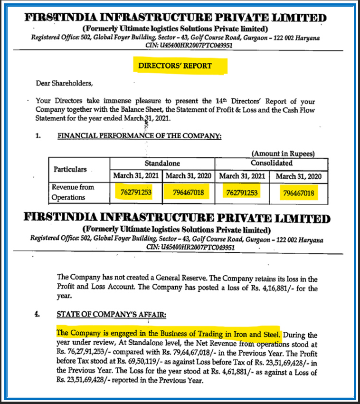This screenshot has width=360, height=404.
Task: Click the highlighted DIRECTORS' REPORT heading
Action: pyautogui.click(x=174, y=66)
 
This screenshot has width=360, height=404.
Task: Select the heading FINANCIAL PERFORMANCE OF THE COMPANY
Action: pyautogui.click(x=139, y=136)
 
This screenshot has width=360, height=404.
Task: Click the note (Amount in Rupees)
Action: pyautogui.click(x=283, y=154)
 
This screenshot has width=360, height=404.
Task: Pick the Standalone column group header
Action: pyautogui.click(x=162, y=163)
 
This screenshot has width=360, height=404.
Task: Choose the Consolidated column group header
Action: pyautogui.click(x=271, y=163)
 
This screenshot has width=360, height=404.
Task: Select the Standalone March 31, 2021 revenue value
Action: pyautogui.click(x=137, y=192)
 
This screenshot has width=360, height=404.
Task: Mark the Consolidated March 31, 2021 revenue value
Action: pyautogui.click(x=242, y=193)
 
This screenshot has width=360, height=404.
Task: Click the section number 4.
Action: pyautogui.click(x=38, y=314)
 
